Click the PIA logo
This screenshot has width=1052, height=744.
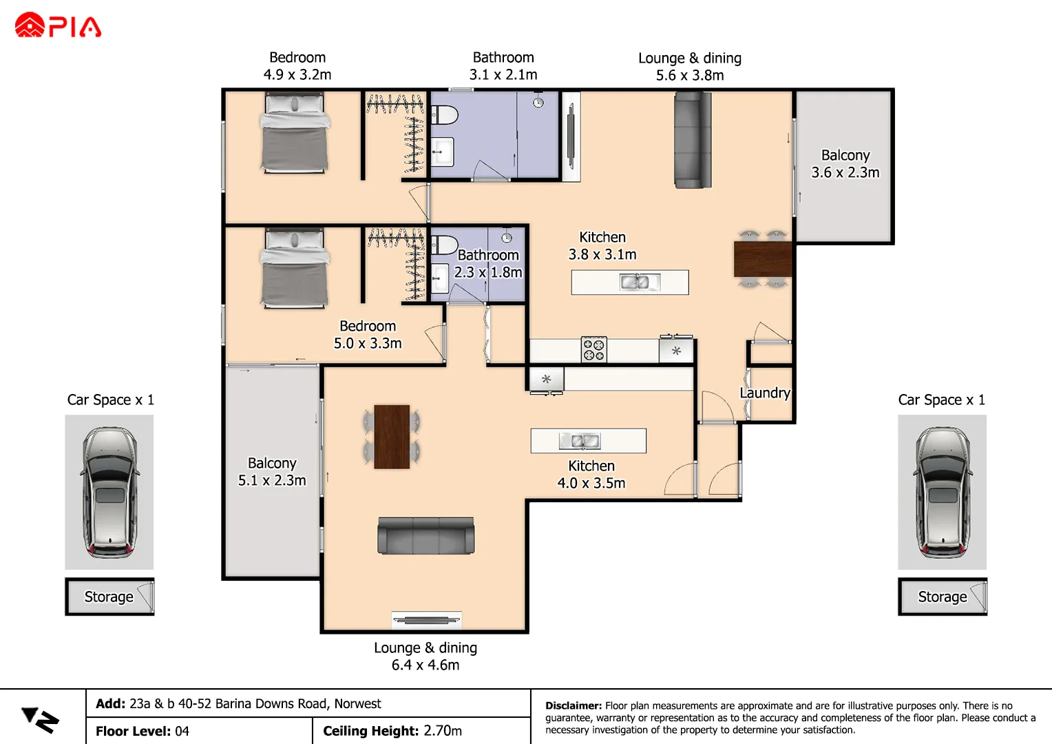click(x=58, y=25)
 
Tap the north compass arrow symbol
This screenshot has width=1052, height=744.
click(x=40, y=720)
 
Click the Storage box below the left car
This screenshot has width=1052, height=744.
click(x=109, y=597)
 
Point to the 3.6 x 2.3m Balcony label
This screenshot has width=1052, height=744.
click(x=845, y=164)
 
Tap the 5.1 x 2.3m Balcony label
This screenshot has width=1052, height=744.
click(x=272, y=472)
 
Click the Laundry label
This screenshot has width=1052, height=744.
click(x=764, y=393)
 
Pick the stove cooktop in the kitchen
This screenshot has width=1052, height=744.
click(x=593, y=349)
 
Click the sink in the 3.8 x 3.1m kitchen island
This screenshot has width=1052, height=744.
click(x=634, y=282)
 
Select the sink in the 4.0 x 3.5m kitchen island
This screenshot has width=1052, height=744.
click(x=580, y=441)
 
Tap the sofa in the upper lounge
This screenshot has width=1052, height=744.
click(x=692, y=140)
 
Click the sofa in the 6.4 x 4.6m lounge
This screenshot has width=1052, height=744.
click(x=425, y=535)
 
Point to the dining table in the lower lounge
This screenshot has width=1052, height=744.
click(x=392, y=437)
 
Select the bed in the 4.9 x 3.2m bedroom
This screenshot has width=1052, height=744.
click(x=295, y=134)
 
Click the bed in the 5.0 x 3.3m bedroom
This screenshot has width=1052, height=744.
click(x=295, y=269)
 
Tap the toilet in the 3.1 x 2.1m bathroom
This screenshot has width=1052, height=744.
click(x=443, y=114)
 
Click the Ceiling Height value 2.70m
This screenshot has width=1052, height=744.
click(x=443, y=731)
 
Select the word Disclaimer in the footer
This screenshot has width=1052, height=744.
click(x=573, y=705)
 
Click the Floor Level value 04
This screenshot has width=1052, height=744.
click(x=182, y=731)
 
